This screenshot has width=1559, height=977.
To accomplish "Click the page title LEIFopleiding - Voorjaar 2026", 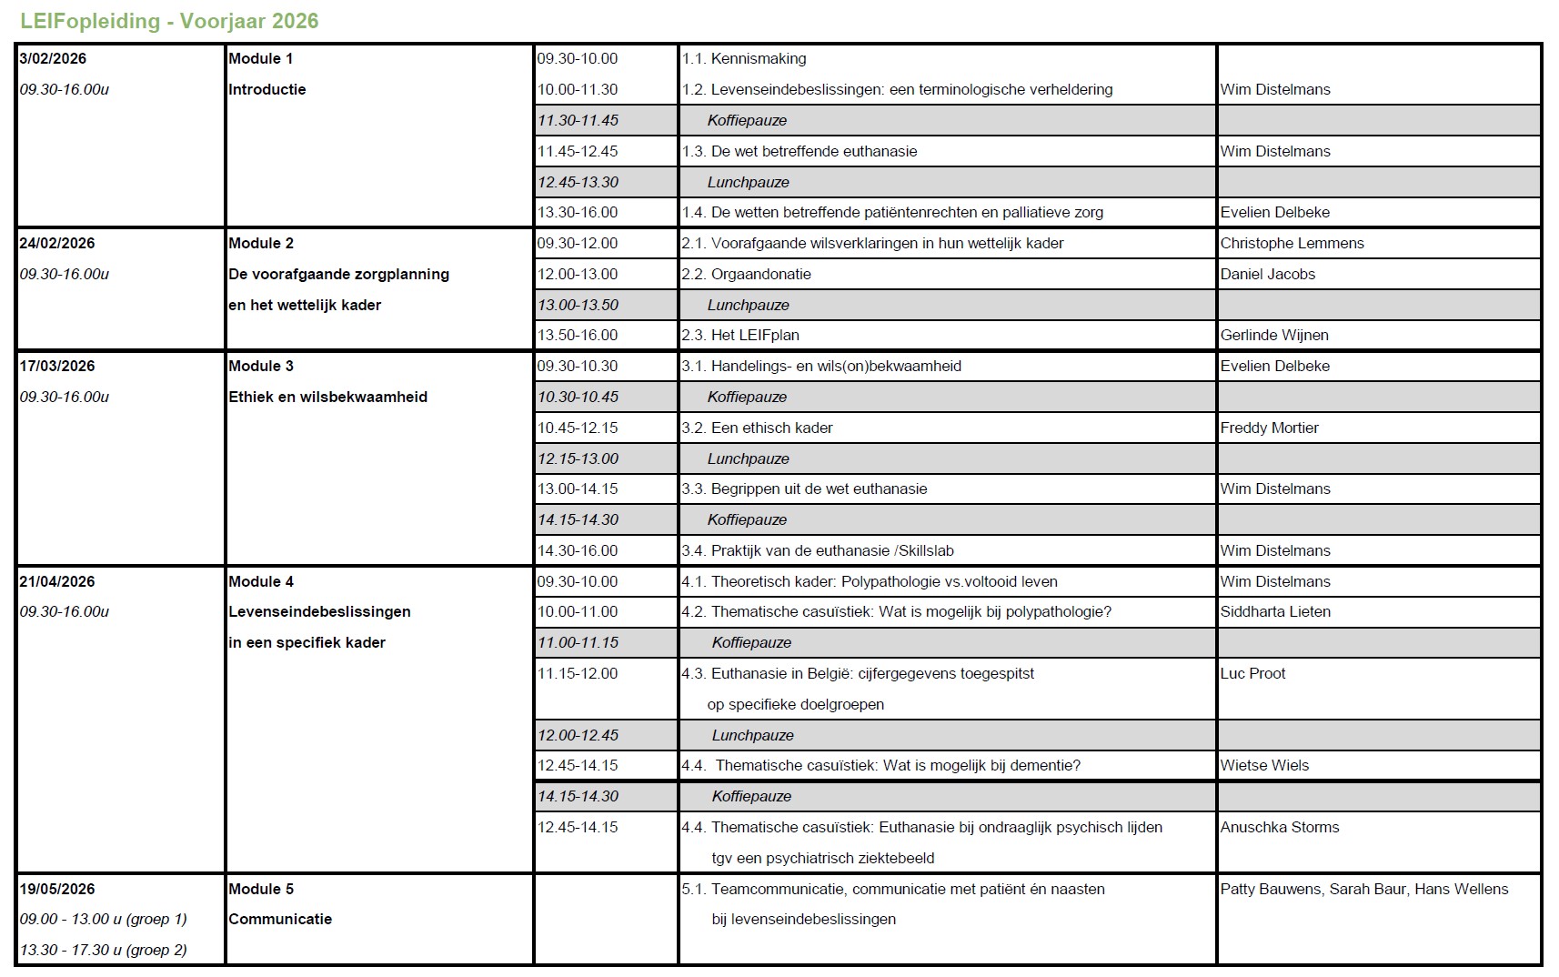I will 169,21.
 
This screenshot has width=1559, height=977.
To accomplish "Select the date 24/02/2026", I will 57,243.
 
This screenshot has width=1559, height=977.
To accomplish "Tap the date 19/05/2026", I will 57,889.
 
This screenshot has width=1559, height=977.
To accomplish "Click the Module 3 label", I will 261,366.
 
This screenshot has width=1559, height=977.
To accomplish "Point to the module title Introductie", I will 267,89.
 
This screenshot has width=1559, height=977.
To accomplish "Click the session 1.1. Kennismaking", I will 744,58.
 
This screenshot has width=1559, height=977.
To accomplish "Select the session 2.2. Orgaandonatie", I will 747,274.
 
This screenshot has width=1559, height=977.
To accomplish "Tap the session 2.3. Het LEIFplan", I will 740,335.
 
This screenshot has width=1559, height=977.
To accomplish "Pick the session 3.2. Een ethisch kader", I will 758,428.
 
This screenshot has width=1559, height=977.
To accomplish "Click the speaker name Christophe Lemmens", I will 1292,243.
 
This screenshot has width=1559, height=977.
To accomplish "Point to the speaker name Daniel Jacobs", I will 1268,274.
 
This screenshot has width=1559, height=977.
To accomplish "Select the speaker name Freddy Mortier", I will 1270,428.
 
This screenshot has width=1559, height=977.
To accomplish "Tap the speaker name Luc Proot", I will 1253,673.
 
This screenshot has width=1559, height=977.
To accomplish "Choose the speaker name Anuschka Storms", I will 1280,827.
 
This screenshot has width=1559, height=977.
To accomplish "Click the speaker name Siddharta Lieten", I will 1275,611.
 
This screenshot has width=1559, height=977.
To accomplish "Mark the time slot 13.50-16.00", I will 578,335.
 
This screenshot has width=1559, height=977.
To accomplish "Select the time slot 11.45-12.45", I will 578,151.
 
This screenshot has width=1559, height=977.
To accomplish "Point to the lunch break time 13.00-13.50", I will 578,305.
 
